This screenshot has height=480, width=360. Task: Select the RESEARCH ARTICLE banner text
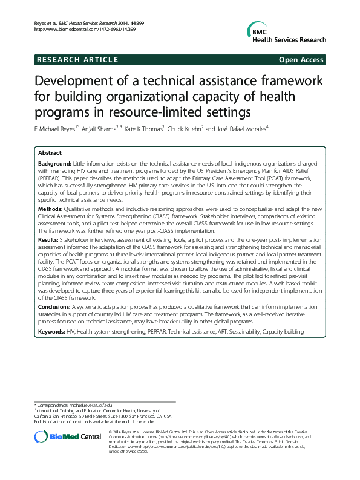coord(77,59)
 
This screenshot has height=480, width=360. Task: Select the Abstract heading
coord(50,154)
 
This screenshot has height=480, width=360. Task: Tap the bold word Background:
coord(54,164)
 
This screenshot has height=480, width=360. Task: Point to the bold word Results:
coord(48,240)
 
